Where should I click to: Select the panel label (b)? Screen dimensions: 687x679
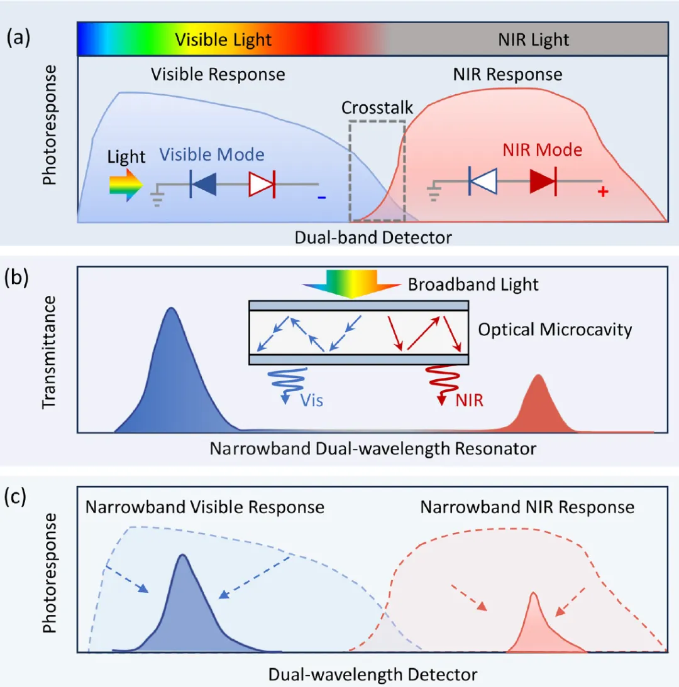point(18,278)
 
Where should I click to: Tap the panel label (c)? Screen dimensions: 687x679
point(18,497)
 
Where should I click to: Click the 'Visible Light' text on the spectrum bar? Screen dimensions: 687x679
point(223,40)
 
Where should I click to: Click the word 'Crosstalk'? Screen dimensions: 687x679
point(377,107)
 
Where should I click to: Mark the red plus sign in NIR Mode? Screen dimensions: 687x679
point(603,192)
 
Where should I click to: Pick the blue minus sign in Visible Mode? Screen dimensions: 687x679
point(321,197)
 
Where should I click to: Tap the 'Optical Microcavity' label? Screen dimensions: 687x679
point(555,329)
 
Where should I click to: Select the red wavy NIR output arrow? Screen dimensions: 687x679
point(438,383)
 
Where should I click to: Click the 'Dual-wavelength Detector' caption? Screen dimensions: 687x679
point(373,674)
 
